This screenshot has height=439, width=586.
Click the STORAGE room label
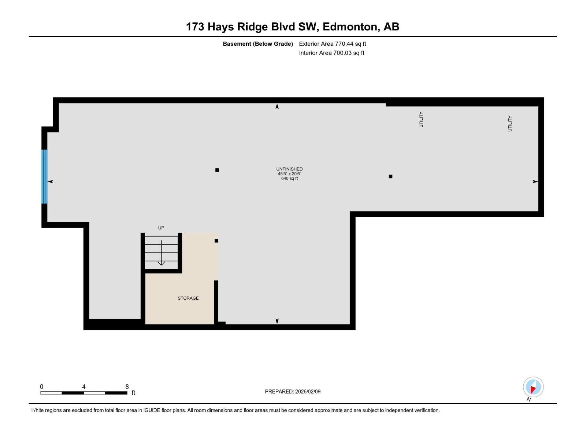coord(188,298)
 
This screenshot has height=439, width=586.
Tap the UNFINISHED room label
coord(289,169)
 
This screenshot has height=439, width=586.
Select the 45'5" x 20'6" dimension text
coord(289,174)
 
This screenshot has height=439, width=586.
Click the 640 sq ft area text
coord(289,178)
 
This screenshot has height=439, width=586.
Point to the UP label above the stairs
coord(161,228)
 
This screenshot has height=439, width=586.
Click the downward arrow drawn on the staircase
coord(161,253)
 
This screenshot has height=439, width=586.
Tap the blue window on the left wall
coord(44,176)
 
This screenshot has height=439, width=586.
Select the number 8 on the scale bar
coord(127,386)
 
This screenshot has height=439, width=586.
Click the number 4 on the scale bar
coord(84,386)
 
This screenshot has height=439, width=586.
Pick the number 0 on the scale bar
coord(42,386)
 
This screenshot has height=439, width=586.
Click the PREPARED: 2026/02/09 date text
coord(293,391)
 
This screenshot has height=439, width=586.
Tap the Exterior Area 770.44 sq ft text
coord(333,44)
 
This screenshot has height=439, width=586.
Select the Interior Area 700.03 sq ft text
coord(331,53)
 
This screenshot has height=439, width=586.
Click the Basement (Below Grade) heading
coord(258,44)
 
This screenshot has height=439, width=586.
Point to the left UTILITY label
coord(421,119)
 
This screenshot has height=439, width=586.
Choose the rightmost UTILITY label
coord(510,123)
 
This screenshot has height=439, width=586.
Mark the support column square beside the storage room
coord(216,241)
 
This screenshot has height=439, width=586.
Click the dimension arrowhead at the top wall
coord(277,106)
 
